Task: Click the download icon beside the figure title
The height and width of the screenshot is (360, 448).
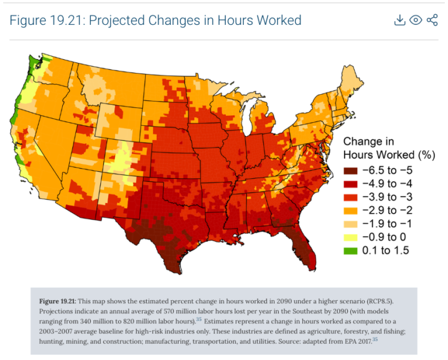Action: [x=400, y=20]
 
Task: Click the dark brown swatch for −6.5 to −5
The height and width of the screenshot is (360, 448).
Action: [x=352, y=171]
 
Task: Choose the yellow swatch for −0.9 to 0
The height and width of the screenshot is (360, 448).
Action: [x=352, y=237]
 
